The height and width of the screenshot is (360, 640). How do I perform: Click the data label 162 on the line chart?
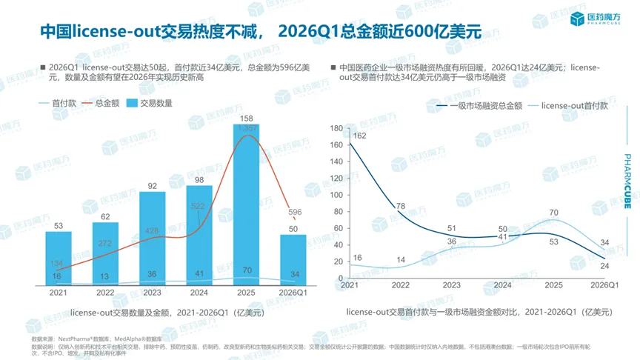click(x=360, y=136)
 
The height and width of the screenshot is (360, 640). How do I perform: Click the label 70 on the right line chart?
click(x=553, y=213)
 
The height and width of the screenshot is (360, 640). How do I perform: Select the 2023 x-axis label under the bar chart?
click(x=153, y=292)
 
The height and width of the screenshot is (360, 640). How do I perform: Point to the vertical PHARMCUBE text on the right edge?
click(x=627, y=181)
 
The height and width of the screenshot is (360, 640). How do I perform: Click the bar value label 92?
click(x=153, y=186)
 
